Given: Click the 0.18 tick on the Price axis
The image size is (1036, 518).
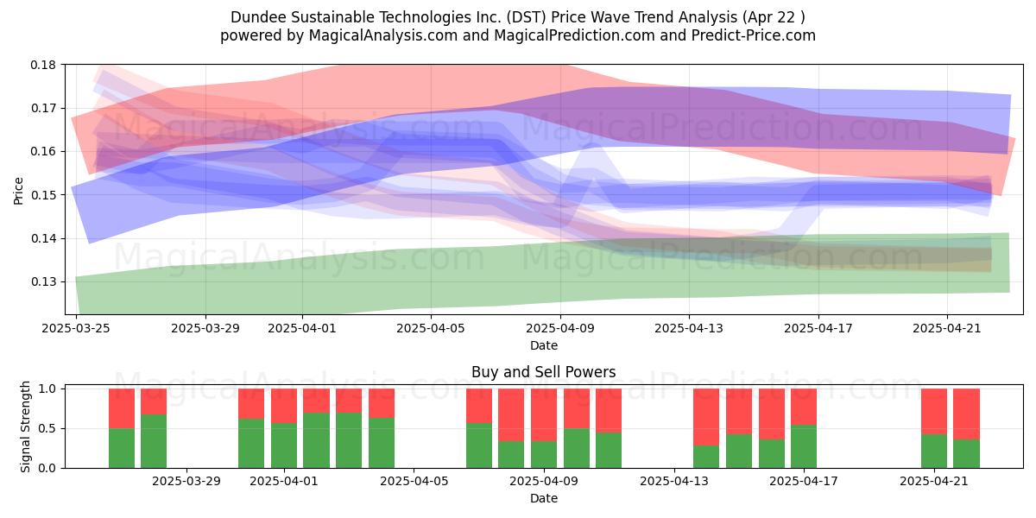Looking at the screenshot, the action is tap(43, 65).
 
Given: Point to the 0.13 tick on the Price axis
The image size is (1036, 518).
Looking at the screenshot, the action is tap(43, 281).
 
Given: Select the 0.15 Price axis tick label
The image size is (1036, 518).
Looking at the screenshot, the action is tap(43, 195).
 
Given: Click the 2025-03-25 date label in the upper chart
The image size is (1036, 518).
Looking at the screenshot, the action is tap(76, 328).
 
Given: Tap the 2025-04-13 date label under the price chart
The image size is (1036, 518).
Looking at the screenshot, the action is tap(689, 328).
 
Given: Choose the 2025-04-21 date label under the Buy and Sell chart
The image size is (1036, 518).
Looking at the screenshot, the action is tap(934, 482).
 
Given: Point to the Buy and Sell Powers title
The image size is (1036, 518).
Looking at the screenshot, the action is tap(543, 372).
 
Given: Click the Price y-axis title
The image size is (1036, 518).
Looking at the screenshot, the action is tap(18, 191).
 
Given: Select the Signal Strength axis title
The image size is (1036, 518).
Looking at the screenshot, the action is tap(25, 426).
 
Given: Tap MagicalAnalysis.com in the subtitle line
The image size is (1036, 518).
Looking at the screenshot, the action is tap(383, 35).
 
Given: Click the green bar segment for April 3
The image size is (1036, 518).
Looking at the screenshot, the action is tap(349, 440).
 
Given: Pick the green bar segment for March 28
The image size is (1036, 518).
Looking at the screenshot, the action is tap(154, 441).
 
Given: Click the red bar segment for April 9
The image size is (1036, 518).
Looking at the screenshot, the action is tap(544, 415).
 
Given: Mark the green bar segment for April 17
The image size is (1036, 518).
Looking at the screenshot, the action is tap(804, 446).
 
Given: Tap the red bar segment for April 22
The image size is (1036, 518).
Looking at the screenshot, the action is tap(967, 414).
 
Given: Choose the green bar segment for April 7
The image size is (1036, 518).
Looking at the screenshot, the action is tap(479, 445).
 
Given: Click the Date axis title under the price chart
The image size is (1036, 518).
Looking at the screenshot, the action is tap(543, 345).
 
